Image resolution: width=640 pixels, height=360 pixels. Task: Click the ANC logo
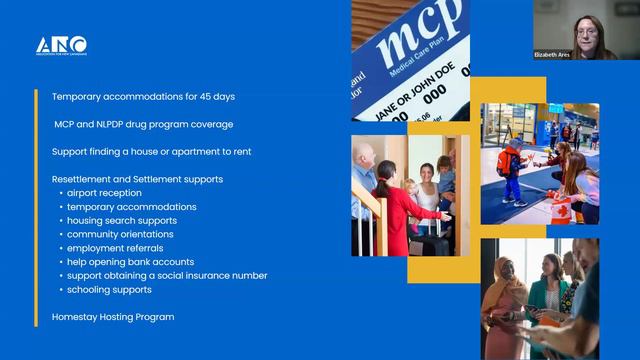(x=61, y=46)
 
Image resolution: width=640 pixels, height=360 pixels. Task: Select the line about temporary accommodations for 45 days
(x=143, y=97)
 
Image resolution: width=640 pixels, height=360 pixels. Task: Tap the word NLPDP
(x=125, y=124)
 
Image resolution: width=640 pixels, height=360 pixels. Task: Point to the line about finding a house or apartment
(x=151, y=151)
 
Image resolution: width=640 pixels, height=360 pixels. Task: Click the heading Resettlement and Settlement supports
(x=137, y=179)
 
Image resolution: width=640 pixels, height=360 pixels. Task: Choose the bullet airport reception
(x=104, y=193)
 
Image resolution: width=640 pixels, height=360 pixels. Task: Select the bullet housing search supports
(x=121, y=220)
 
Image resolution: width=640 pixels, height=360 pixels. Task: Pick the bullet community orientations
(x=120, y=234)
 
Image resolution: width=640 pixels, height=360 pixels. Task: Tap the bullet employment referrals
(x=115, y=248)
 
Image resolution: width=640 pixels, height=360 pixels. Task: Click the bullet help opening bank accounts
(x=130, y=262)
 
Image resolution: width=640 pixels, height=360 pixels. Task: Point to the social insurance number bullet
(x=167, y=275)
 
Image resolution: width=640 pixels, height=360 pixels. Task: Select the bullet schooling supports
(x=110, y=289)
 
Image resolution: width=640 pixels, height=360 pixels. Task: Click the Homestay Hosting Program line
(x=113, y=317)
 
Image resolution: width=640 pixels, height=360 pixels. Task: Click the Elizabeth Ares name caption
(x=552, y=54)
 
